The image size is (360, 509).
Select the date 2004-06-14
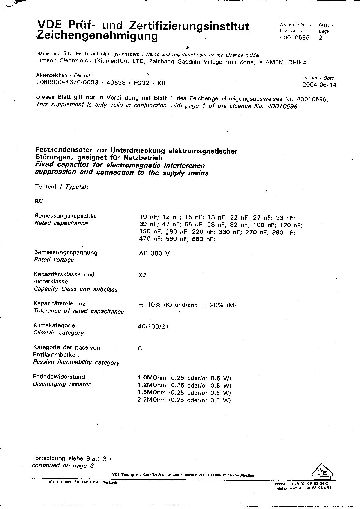(x=319, y=85)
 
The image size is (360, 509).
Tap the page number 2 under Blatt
(x=321, y=38)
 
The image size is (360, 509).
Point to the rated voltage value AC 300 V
(x=154, y=253)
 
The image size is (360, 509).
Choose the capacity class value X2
(x=143, y=275)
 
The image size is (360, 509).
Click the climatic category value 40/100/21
(x=153, y=326)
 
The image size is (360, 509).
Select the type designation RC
(x=39, y=201)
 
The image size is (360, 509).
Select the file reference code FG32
(x=141, y=83)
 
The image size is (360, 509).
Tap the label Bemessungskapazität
(x=65, y=216)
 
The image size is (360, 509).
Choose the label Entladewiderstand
(x=59, y=377)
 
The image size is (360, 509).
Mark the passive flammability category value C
(x=140, y=348)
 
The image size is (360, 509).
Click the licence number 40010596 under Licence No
(x=294, y=38)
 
